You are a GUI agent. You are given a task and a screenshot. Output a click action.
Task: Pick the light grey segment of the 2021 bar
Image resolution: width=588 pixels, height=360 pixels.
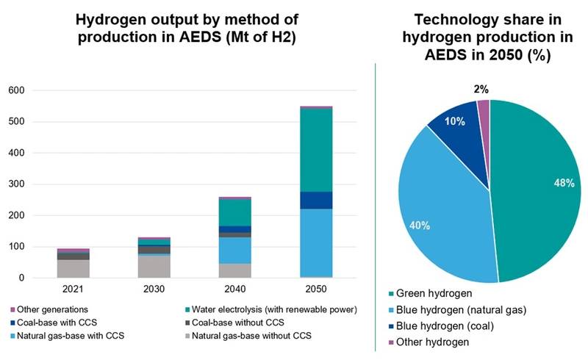[x=73, y=269]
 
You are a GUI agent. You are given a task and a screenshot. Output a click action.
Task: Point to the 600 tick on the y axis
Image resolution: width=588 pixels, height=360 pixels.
[x=15, y=90]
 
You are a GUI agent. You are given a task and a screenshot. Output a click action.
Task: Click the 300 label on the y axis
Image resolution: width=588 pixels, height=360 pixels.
[x=15, y=184]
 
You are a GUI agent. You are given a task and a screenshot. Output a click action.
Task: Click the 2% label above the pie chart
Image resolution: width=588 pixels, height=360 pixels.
[x=481, y=89]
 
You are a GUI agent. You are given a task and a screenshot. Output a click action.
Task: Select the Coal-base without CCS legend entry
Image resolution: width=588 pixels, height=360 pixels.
[x=233, y=323]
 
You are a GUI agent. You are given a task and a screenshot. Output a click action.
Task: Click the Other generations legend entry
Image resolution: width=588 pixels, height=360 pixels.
[x=54, y=309]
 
